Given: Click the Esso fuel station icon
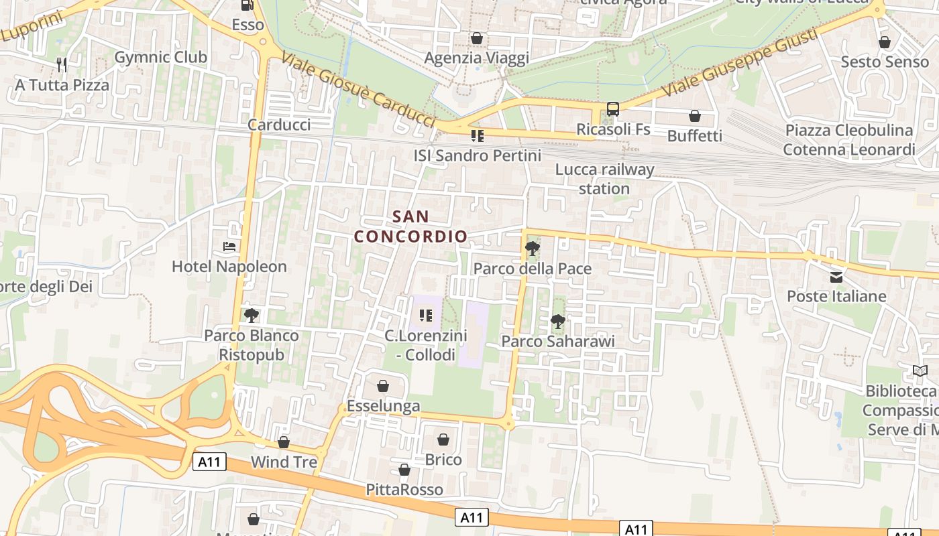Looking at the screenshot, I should (x=247, y=5).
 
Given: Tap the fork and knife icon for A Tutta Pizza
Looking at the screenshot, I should (x=62, y=65).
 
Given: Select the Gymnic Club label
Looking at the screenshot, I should (x=161, y=57).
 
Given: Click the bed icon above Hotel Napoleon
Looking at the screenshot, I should (x=229, y=247).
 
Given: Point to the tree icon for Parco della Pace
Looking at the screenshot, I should (x=533, y=249).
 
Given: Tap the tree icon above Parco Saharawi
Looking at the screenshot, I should (x=557, y=322).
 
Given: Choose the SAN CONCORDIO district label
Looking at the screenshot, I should (x=410, y=226).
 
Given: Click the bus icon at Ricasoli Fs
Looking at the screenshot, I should (x=613, y=109).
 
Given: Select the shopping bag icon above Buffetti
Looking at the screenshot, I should (x=695, y=116).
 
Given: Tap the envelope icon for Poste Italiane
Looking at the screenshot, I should (x=836, y=277).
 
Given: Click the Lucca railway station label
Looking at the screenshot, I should (x=604, y=179).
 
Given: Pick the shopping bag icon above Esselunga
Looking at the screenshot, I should (x=383, y=386).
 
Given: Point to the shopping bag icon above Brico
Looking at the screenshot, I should (x=443, y=440).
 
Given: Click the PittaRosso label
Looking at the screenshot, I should (x=404, y=490).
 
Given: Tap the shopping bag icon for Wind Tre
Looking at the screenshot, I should (x=284, y=442).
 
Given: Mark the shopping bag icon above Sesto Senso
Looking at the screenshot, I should (x=885, y=42).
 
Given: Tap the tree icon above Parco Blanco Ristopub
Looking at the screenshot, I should (x=252, y=315).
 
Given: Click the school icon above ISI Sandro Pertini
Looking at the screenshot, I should (x=478, y=136).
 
